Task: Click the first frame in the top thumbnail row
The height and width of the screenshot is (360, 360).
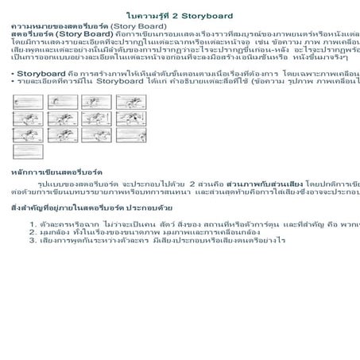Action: coord(27,102)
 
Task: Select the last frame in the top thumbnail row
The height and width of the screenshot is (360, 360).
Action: coord(131,102)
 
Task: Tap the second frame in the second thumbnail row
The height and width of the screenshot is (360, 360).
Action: coord(61,118)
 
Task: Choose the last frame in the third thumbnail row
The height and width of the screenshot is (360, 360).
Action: coord(130,135)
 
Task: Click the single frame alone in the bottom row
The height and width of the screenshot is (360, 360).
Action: coord(27,151)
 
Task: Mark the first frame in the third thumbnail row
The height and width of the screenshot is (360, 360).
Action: coord(27,135)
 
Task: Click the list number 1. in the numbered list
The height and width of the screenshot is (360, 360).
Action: coord(33,223)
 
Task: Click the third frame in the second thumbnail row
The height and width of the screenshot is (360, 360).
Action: coord(96,118)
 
